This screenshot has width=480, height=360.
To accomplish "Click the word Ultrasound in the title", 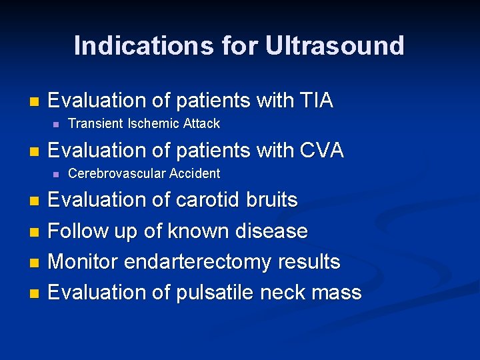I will click(335, 46).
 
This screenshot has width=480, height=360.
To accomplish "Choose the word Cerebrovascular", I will click(117, 173).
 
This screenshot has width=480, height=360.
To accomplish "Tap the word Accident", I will click(194, 173).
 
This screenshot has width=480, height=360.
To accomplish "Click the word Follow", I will click(79, 231).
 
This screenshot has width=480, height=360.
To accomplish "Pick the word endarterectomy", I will click(198, 262).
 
